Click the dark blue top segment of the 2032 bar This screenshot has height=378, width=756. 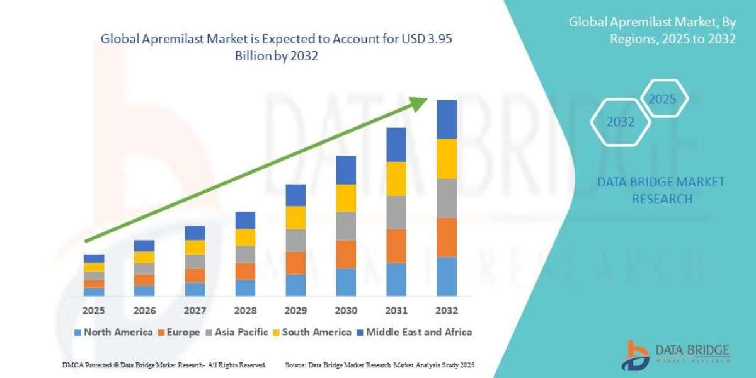(x=446, y=119)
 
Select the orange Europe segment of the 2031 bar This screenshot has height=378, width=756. (x=396, y=245)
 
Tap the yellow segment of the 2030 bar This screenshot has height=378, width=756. (x=346, y=198)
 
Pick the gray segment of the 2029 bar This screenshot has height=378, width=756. (x=295, y=240)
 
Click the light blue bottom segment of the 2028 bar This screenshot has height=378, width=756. (x=245, y=288)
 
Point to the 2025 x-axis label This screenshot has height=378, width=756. (x=93, y=311)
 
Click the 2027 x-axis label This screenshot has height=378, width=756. (x=195, y=311)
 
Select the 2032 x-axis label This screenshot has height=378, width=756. (x=446, y=311)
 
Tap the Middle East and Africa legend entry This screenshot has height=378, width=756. (x=413, y=331)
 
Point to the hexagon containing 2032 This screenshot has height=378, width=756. (x=620, y=122)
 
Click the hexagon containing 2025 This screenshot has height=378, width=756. (x=662, y=99)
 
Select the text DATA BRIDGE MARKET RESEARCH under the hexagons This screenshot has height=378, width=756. (x=661, y=190)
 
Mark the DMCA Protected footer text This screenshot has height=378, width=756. (x=164, y=365)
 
